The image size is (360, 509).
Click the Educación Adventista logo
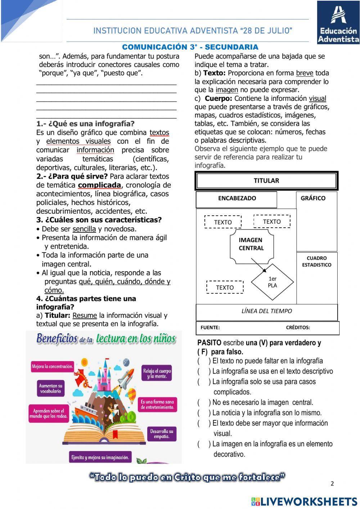[x=338, y=22]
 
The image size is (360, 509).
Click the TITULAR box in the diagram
[x=266, y=181]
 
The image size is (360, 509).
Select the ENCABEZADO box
[x=237, y=198]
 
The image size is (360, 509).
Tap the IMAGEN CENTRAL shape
[x=251, y=244]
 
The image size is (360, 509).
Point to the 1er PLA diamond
[x=273, y=282]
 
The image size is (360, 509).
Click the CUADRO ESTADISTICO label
[x=317, y=262]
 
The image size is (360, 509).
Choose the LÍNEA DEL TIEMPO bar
[x=266, y=311]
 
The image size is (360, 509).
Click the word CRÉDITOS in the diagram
[x=298, y=327]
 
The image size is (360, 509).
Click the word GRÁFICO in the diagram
[x=313, y=198]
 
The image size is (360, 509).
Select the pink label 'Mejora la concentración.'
[x=53, y=367]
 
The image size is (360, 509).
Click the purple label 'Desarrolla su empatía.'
[x=162, y=434]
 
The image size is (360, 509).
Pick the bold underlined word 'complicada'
[x=99, y=185]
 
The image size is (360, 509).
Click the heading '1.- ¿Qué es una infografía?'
[x=85, y=124]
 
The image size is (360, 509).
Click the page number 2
[x=332, y=484]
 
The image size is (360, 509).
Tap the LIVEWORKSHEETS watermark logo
[x=304, y=501]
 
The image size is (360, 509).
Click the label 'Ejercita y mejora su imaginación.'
[x=100, y=457]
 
